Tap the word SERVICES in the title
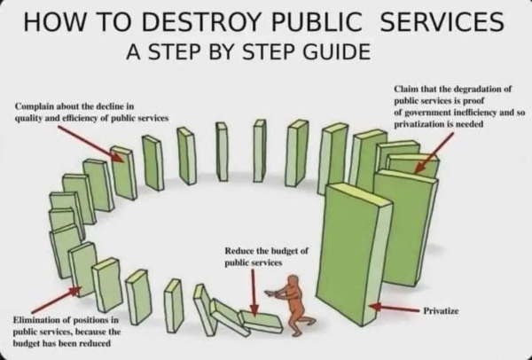pyautogui.click(x=440, y=20)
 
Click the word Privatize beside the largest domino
pyautogui.click(x=441, y=310)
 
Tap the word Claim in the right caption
pyautogui.click(x=408, y=90)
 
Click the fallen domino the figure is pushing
pyautogui.click(x=257, y=321)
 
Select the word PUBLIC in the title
pyautogui.click(x=337, y=20)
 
